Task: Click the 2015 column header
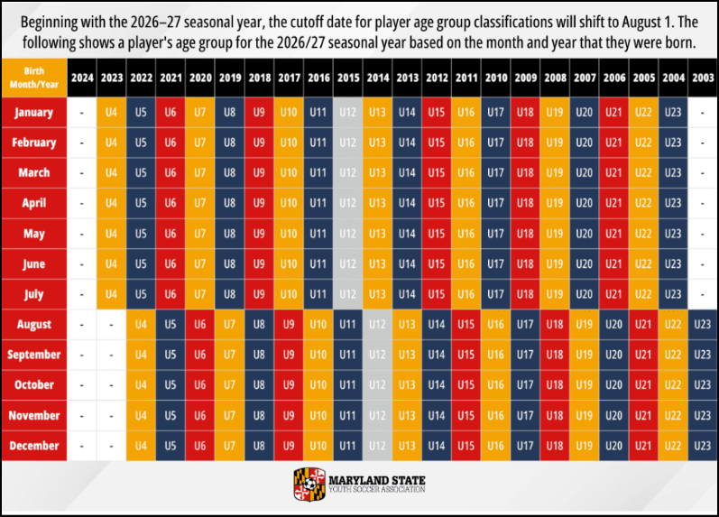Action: click(x=348, y=78)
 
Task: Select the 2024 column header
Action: click(x=82, y=78)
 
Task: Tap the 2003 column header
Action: click(x=701, y=78)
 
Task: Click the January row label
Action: click(x=34, y=113)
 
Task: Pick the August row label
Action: click(x=34, y=325)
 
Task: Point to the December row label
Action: click(x=34, y=446)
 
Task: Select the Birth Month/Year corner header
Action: click(x=34, y=78)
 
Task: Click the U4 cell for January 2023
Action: click(x=112, y=113)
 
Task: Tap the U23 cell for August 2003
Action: click(x=701, y=325)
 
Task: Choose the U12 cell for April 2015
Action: click(x=348, y=203)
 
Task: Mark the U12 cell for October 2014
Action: click(x=378, y=385)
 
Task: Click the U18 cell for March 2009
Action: click(x=525, y=172)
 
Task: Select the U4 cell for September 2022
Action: click(x=141, y=355)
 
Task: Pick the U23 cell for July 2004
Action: click(x=672, y=294)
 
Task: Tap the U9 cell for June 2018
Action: click(x=260, y=263)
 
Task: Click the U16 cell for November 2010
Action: click(x=495, y=415)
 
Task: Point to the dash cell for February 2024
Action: click(x=82, y=143)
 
